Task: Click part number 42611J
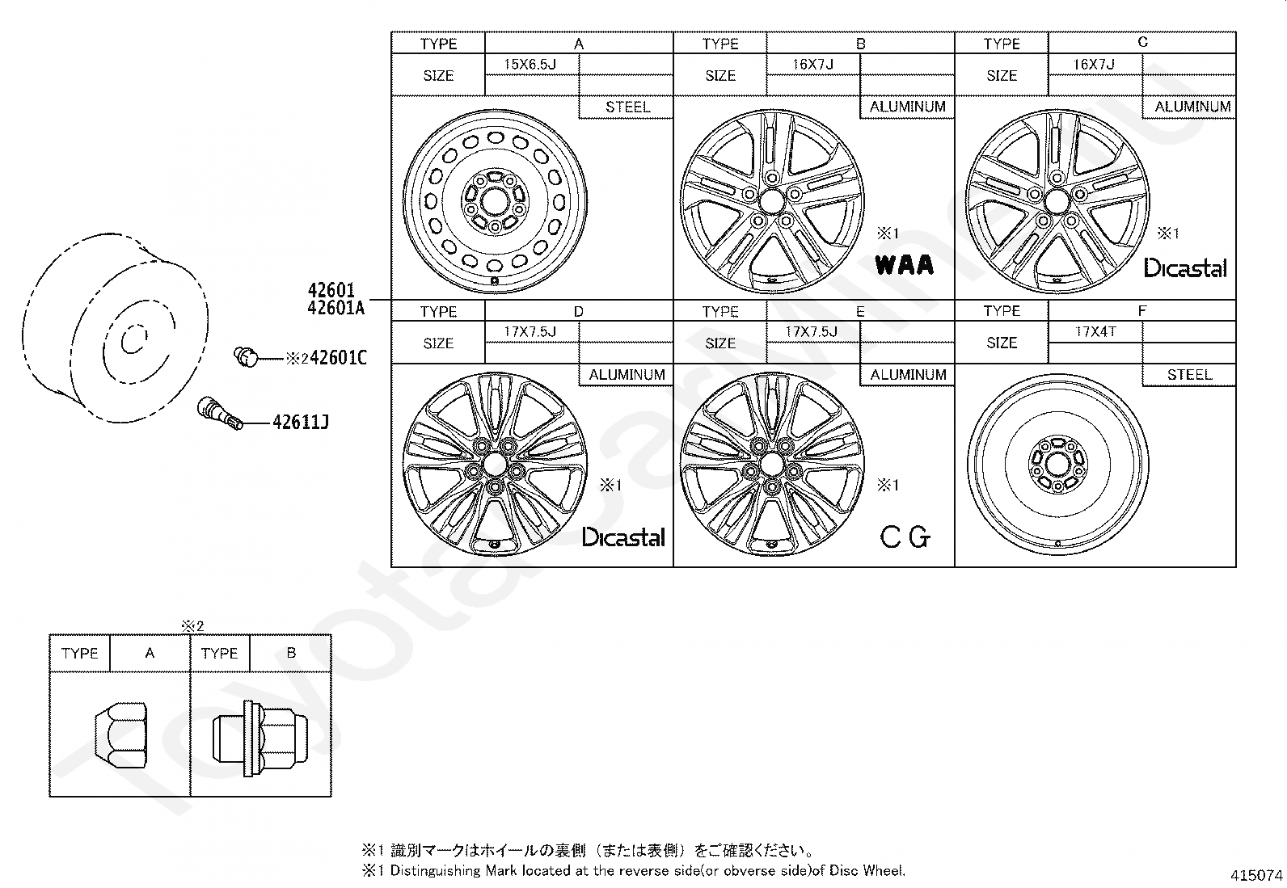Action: pos(301,422)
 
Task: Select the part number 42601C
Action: pos(338,358)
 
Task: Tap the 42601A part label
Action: pos(336,308)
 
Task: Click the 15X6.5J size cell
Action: pos(530,65)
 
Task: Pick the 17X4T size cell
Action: pos(1095,331)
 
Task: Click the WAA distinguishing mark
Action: pos(905,265)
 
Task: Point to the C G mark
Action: pos(905,537)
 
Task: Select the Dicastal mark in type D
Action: pos(623,537)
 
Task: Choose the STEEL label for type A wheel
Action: pos(628,107)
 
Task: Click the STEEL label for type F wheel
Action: pos(1189,374)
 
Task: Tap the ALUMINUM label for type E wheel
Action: pos(908,374)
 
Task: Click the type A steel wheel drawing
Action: pos(495,202)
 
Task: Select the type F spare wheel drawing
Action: pos(1057,464)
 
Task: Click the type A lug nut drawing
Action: pos(120,734)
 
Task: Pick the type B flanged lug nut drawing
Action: pos(260,739)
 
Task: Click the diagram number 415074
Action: pos(1256,875)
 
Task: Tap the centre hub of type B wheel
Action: pos(771,202)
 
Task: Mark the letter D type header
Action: pos(579,311)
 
